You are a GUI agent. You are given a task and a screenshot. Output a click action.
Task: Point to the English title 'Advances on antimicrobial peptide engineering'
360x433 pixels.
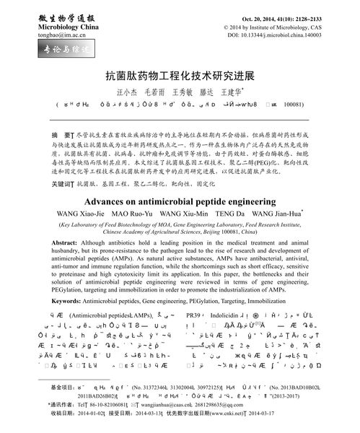180,181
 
